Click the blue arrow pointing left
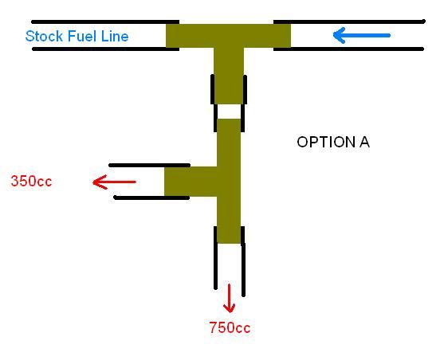[361, 35]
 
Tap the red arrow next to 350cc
[114, 182]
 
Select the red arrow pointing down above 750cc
[230, 299]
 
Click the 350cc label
[31, 181]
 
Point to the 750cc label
[230, 327]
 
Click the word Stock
[44, 36]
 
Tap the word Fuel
[83, 36]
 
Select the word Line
[115, 36]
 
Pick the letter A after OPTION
[364, 142]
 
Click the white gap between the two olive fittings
[229, 112]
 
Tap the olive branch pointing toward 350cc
[191, 182]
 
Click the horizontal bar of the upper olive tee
[228, 36]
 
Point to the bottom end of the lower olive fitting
[229, 243]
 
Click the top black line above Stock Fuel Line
[105, 22]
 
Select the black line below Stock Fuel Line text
[106, 49]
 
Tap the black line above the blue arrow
[349, 22]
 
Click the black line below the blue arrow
[348, 49]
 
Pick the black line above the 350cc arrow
[150, 166]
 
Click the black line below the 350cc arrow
[151, 198]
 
